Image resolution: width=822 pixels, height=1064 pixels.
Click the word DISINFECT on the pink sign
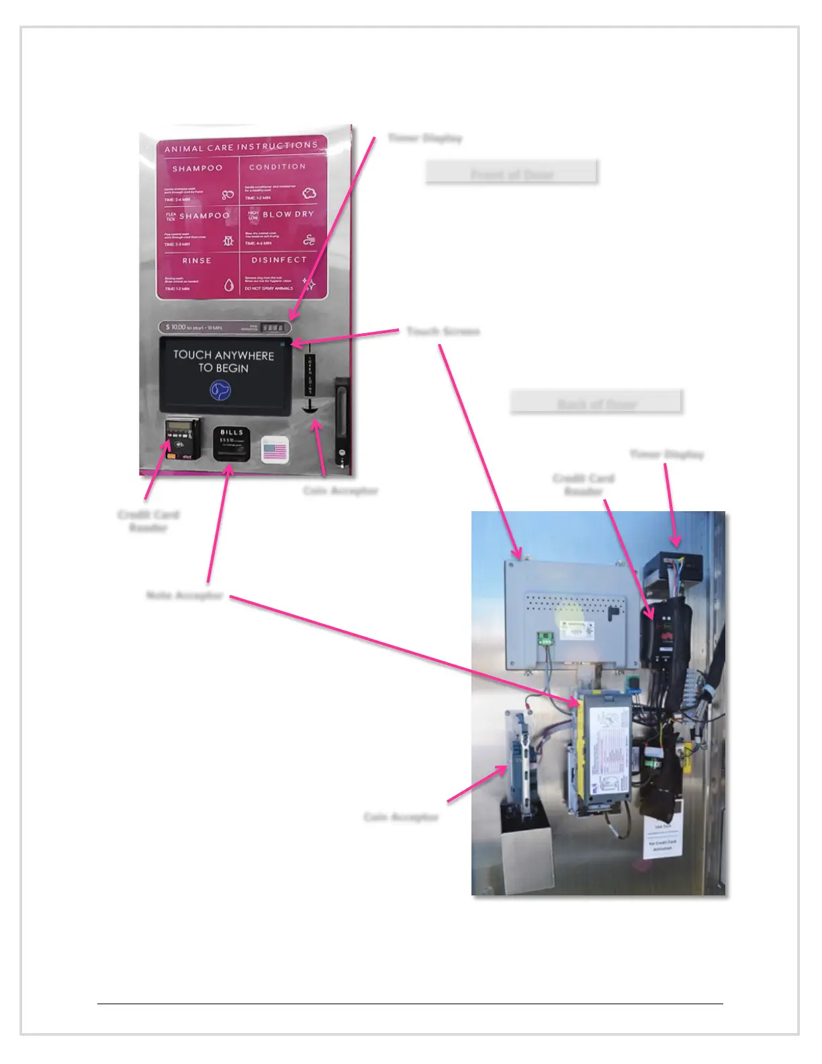[279, 260]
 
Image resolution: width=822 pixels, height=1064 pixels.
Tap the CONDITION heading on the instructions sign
[277, 167]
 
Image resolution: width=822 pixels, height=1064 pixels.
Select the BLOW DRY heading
[288, 214]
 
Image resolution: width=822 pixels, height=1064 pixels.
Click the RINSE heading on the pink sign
[197, 261]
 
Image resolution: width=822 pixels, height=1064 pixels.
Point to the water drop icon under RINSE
[229, 285]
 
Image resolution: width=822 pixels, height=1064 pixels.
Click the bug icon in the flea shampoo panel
[228, 240]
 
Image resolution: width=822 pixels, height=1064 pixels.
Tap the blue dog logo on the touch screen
[220, 390]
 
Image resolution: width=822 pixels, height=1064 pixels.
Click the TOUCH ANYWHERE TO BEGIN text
[224, 361]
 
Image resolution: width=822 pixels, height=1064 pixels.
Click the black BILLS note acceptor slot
[232, 443]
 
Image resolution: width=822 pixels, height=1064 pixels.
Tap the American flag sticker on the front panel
[275, 450]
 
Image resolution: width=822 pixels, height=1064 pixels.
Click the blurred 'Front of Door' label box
[512, 173]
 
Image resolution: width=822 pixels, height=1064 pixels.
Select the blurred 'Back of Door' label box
[596, 402]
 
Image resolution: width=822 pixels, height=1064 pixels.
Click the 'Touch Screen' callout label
[443, 331]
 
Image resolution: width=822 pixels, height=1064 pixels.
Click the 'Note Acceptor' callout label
[185, 596]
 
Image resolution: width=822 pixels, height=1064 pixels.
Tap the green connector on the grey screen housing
[545, 638]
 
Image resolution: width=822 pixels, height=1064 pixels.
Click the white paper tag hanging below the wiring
[664, 836]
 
